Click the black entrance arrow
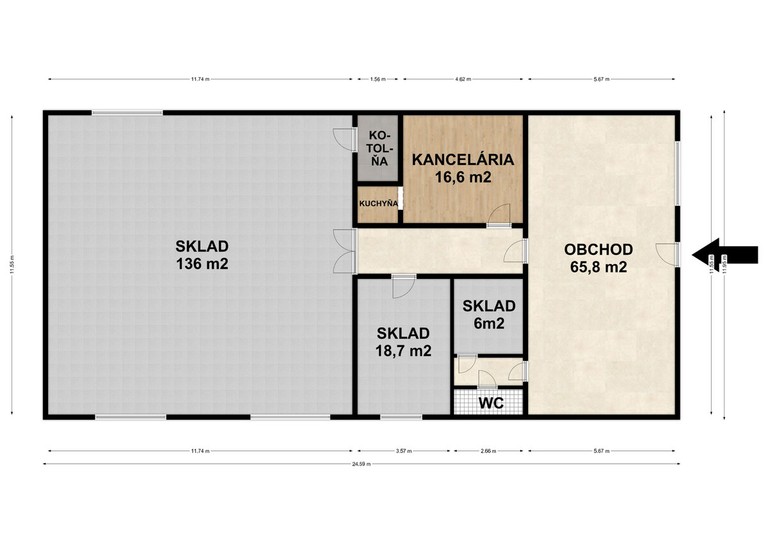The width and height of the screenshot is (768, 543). [724, 255]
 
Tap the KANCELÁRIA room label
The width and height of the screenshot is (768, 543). [463, 160]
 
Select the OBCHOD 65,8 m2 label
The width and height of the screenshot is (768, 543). [598, 258]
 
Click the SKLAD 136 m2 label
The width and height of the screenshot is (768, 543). [202, 255]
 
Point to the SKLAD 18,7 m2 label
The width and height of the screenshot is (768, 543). [403, 342]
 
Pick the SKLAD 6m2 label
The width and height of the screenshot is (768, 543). [489, 315]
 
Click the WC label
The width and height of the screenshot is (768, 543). [491, 403]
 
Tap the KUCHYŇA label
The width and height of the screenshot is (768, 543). [378, 203]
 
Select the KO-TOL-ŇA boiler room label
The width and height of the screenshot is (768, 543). [379, 148]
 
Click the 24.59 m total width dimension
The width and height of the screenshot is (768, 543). [362, 464]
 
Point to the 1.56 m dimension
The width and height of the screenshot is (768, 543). [378, 79]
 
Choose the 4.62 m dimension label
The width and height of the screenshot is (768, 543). [463, 79]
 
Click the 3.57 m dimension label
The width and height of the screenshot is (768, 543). [404, 451]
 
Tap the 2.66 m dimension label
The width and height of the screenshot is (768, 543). [488, 451]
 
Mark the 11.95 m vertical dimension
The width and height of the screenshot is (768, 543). [724, 265]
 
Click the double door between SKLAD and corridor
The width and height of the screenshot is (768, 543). [344, 251]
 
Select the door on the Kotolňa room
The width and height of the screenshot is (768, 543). [345, 139]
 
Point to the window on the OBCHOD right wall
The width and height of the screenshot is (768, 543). [678, 174]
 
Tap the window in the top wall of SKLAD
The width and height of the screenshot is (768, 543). [127, 113]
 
